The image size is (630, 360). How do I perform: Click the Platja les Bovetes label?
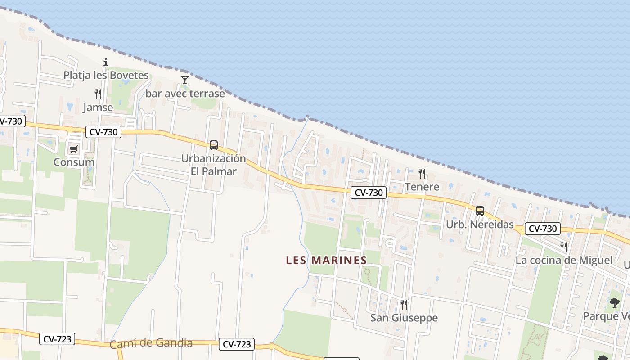[x=106, y=75]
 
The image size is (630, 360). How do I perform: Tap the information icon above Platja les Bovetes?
[x=106, y=62]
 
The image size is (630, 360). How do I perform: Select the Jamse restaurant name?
[x=98, y=108]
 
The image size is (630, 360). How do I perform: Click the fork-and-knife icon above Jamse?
[x=98, y=94]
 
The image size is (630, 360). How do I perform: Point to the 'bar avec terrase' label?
[x=185, y=94]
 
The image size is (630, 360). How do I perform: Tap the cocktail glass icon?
[x=184, y=80]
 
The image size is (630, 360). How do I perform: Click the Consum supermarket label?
[x=74, y=162]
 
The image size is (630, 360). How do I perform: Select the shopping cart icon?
[x=73, y=149]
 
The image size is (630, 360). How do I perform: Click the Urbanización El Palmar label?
[x=214, y=165]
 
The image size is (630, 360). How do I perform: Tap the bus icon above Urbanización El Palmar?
[x=214, y=145]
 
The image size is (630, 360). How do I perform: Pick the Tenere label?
[x=422, y=186]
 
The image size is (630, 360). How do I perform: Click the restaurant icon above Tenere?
[x=422, y=173]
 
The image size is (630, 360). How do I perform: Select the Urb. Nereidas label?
[x=480, y=224]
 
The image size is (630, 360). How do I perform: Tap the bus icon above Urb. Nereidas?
[x=480, y=211]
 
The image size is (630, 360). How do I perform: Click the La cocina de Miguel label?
[x=564, y=260]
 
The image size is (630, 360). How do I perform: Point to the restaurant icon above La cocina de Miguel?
[x=564, y=247]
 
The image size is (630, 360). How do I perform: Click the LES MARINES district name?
[x=326, y=260]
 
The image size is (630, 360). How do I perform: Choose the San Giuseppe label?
[x=404, y=318]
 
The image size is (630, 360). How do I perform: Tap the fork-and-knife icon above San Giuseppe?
[x=404, y=305]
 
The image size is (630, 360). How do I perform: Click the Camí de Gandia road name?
[x=151, y=343]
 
